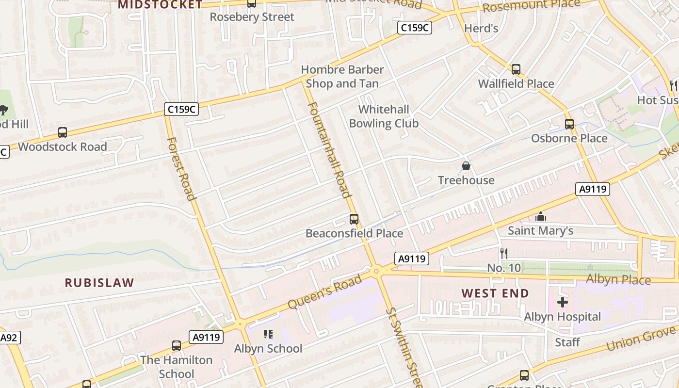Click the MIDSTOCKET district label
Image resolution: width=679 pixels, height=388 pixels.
click(x=161, y=5)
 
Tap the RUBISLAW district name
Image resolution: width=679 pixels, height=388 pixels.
click(x=99, y=283)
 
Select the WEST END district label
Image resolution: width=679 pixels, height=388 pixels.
click(x=495, y=293)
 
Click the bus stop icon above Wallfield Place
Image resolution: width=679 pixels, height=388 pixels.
click(x=516, y=69)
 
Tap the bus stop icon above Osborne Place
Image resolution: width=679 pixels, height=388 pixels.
click(x=569, y=124)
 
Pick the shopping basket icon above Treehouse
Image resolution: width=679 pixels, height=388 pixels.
click(x=466, y=166)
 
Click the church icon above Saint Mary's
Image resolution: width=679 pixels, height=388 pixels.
click(x=540, y=217)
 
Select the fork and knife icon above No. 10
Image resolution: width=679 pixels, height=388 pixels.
click(x=504, y=253)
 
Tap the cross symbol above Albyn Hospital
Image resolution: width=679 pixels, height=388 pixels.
click(x=563, y=303)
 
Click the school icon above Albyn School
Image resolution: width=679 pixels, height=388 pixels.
click(x=268, y=334)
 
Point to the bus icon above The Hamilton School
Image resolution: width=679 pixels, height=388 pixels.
click(x=177, y=346)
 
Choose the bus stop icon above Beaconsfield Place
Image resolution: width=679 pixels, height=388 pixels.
click(x=354, y=219)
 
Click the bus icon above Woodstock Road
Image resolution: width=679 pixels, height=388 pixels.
click(x=63, y=132)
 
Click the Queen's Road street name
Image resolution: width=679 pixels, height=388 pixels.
click(x=325, y=291)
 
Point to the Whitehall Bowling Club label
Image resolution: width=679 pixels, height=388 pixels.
click(x=384, y=116)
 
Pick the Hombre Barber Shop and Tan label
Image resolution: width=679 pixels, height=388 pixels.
click(x=342, y=77)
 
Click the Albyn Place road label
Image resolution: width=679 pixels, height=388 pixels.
click(x=618, y=280)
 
